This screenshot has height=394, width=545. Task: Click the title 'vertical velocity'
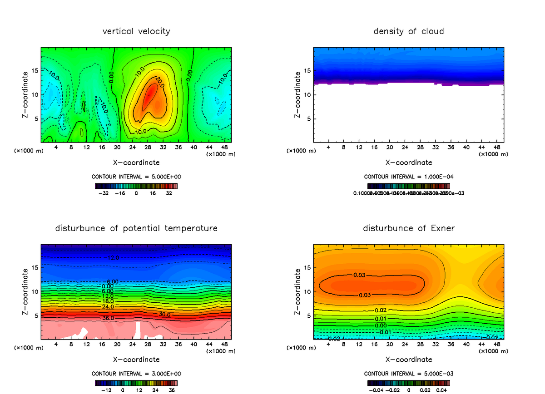pyautogui.click(x=136, y=31)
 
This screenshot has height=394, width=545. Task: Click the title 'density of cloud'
pyautogui.click(x=409, y=31)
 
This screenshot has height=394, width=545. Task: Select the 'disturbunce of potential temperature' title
pyautogui.click(x=136, y=228)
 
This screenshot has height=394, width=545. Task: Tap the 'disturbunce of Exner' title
pyautogui.click(x=409, y=228)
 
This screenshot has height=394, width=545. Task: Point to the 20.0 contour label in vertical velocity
pyautogui.click(x=159, y=80)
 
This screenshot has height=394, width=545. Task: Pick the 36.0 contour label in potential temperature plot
pyautogui.click(x=108, y=318)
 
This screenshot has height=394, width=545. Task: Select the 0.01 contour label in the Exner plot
pyautogui.click(x=381, y=318)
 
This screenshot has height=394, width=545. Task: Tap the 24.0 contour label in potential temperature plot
pyautogui.click(x=108, y=307)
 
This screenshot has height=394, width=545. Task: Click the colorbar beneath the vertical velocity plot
pyautogui.click(x=136, y=186)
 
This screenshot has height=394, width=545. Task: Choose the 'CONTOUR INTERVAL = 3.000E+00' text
pyautogui.click(x=136, y=374)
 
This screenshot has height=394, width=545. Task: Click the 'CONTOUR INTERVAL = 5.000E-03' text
pyautogui.click(x=409, y=374)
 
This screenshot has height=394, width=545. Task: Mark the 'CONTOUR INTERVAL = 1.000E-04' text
pyautogui.click(x=409, y=177)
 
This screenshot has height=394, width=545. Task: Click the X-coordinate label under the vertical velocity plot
pyautogui.click(x=136, y=162)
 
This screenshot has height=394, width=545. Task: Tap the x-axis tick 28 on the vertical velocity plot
pyautogui.click(x=148, y=147)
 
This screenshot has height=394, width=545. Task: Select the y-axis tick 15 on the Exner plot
pyautogui.click(x=307, y=268)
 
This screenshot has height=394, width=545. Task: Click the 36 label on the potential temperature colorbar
pyautogui.click(x=172, y=389)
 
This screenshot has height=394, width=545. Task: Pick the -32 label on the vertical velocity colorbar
pyautogui.click(x=105, y=193)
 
